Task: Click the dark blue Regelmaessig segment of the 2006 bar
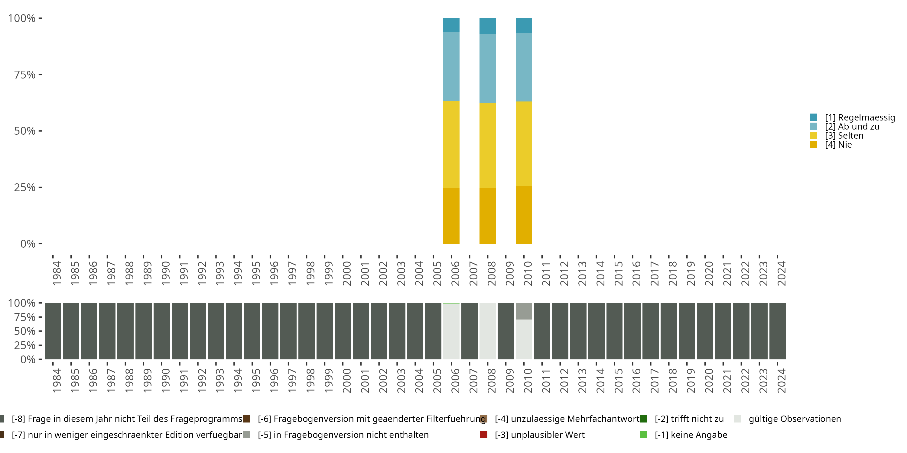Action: (451, 25)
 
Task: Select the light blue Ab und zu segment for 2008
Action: (487, 69)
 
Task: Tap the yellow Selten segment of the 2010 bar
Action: (524, 144)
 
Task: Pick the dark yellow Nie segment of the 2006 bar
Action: (451, 216)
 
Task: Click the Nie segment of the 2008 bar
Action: (487, 216)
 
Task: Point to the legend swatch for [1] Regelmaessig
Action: (813, 117)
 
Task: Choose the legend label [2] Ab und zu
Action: (852, 127)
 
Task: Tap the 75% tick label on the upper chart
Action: (25, 75)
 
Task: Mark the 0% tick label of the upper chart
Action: (28, 244)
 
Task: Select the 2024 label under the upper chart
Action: (781, 273)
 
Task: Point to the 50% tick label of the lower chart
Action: (25, 331)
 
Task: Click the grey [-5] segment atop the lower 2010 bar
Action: (524, 311)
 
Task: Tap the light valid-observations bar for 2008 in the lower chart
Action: (487, 331)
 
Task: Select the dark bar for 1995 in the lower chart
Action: (252, 331)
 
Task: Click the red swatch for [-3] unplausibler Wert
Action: (484, 435)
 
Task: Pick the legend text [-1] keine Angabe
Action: (691, 435)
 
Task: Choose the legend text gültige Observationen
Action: (795, 419)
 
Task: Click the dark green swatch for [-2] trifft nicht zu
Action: (643, 419)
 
